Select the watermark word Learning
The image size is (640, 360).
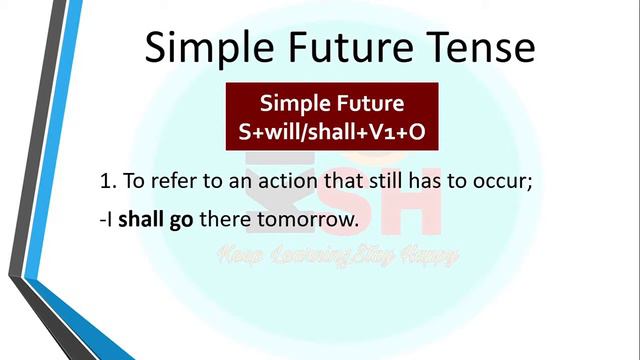pyautogui.click(x=306, y=256)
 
